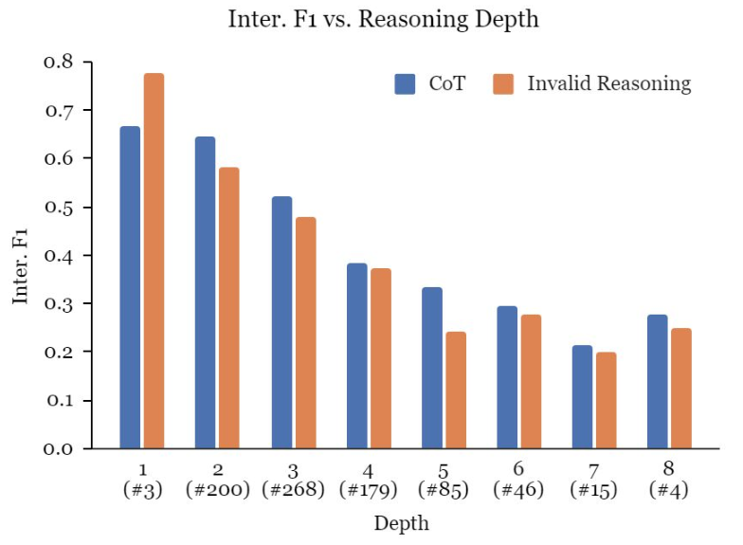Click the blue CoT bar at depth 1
pyautogui.click(x=130, y=287)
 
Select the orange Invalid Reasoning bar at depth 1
pyautogui.click(x=154, y=261)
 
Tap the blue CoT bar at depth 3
pyautogui.click(x=282, y=322)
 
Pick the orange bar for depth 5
pyautogui.click(x=456, y=391)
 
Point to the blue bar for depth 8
pyautogui.click(x=658, y=381)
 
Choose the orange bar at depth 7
pyautogui.click(x=607, y=400)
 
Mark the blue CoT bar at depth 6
pyautogui.click(x=507, y=377)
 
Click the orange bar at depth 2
pyautogui.click(x=229, y=308)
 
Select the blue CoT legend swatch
pyautogui.click(x=405, y=83)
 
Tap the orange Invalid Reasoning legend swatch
pyautogui.click(x=503, y=83)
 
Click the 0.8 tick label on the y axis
pyautogui.click(x=59, y=62)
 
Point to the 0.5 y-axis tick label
pyautogui.click(x=59, y=207)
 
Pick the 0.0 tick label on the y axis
pyautogui.click(x=59, y=448)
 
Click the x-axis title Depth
pyautogui.click(x=402, y=523)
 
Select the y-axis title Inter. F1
pyautogui.click(x=21, y=266)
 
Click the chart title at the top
pyautogui.click(x=383, y=20)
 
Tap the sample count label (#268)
pyautogui.click(x=294, y=489)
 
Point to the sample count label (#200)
pyautogui.click(x=218, y=489)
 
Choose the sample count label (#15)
pyautogui.click(x=593, y=489)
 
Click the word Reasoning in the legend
pyautogui.click(x=644, y=84)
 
